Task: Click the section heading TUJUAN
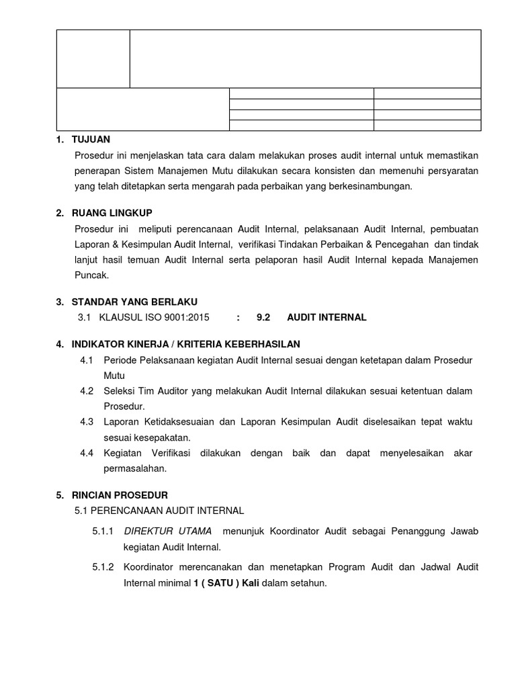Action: tap(91, 139)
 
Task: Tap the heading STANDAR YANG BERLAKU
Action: tap(135, 302)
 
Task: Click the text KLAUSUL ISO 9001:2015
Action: tap(154, 317)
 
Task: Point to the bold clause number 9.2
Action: tap(263, 317)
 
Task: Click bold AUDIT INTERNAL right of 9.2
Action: tap(327, 317)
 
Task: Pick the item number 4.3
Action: tap(86, 421)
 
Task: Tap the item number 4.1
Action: tap(86, 361)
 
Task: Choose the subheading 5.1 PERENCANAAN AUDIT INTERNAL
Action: tap(159, 511)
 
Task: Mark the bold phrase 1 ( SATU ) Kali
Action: tap(226, 583)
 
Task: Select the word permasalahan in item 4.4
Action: tap(134, 468)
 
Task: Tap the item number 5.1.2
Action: tap(103, 568)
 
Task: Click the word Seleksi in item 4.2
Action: tap(118, 391)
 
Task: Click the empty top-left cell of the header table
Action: tap(93, 58)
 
